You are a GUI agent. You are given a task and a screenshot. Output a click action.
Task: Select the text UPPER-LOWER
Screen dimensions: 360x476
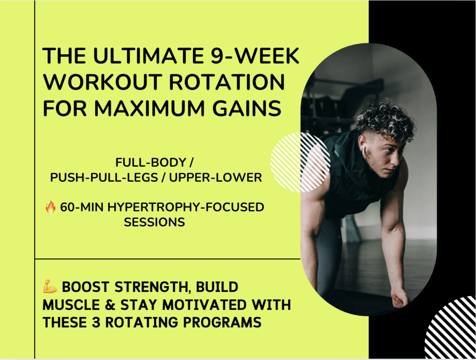tap(217, 177)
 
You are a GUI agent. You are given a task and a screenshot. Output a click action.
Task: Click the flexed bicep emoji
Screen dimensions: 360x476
tap(50, 287)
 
